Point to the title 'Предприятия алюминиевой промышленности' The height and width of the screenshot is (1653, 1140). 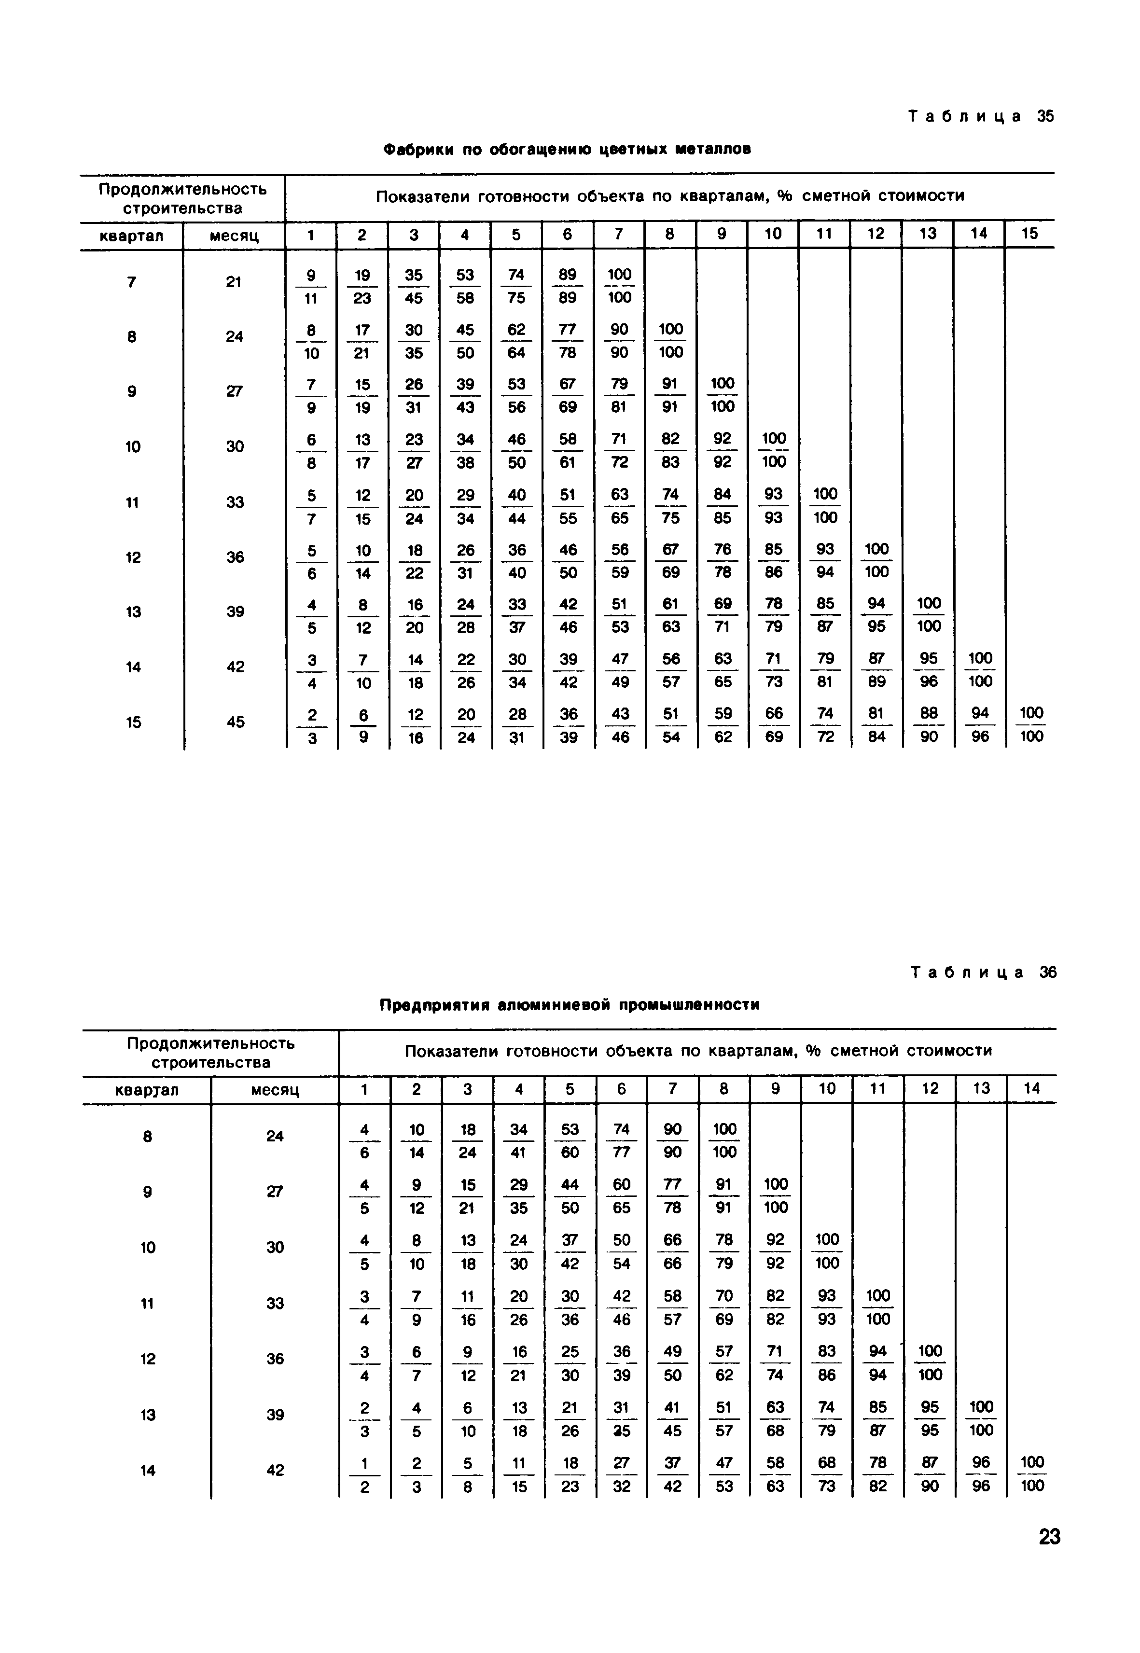pyautogui.click(x=570, y=1005)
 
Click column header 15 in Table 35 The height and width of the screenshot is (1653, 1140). pyautogui.click(x=1029, y=234)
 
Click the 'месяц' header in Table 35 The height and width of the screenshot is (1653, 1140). pyautogui.click(x=234, y=235)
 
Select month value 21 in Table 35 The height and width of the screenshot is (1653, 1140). pyautogui.click(x=234, y=282)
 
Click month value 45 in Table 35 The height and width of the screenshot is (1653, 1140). pyautogui.click(x=235, y=722)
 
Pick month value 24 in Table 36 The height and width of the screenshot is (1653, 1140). pyautogui.click(x=275, y=1136)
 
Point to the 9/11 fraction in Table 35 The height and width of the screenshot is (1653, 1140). pyautogui.click(x=311, y=286)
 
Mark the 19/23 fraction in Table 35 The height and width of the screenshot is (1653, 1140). pyautogui.click(x=362, y=286)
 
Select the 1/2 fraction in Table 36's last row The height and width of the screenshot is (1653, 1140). pyautogui.click(x=364, y=1474)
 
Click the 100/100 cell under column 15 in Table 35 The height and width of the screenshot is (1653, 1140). pyautogui.click(x=1031, y=724)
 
